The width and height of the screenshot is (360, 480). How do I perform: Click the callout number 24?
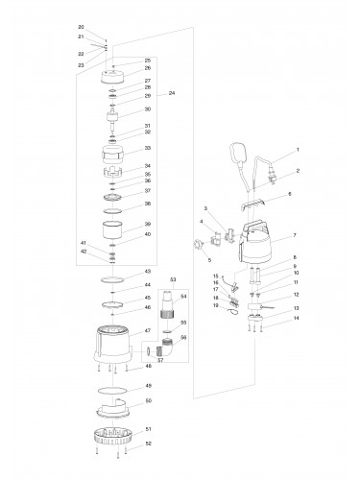[x=171, y=92]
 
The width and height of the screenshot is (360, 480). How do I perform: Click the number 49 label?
[x=148, y=384]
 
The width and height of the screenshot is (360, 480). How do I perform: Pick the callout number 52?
[x=148, y=444]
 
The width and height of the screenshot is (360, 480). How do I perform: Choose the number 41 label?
[x=84, y=243]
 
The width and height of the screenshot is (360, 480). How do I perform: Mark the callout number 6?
[x=290, y=194]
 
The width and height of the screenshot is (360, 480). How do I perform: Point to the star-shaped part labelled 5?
[x=199, y=247]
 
